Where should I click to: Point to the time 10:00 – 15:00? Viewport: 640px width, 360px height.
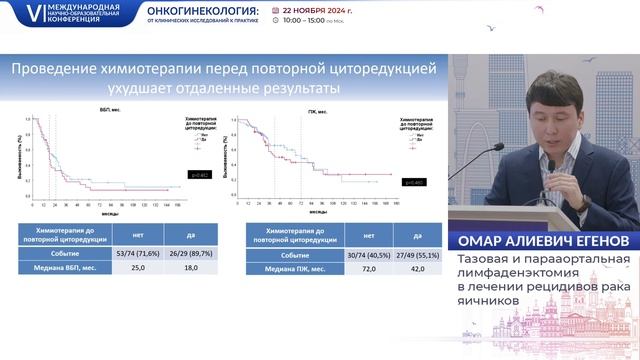tap(299, 20)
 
